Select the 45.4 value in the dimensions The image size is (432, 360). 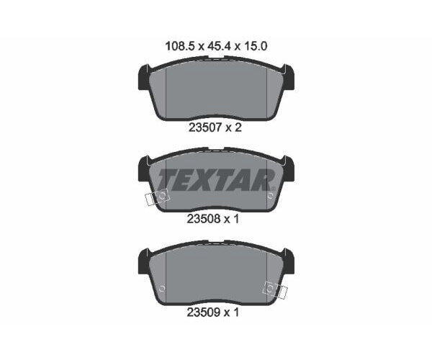coord(219,46)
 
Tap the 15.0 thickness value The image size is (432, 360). coord(256,46)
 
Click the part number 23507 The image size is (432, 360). coord(205,127)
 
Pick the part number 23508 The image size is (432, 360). coord(204,220)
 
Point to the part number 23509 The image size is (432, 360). coord(204,312)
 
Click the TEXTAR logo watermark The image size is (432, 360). coord(217,180)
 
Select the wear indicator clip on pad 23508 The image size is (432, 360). coord(157,197)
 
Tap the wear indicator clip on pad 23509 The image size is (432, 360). coord(275,290)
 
